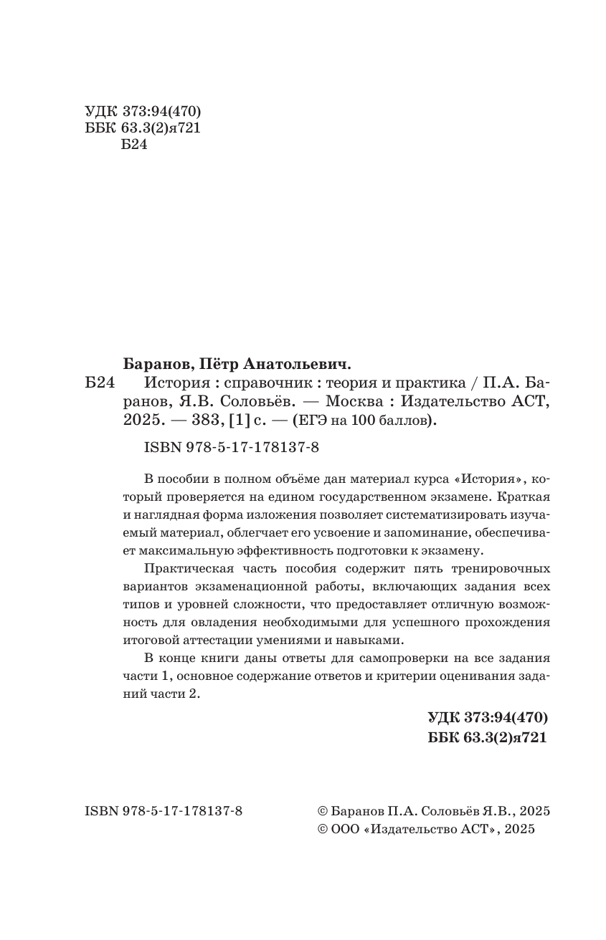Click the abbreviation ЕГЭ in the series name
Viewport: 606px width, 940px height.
(309, 422)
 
